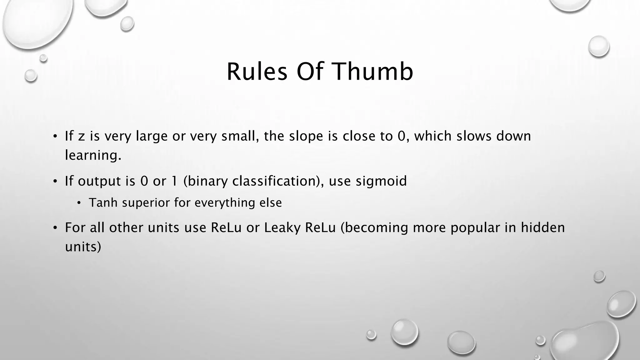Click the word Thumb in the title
point(374,72)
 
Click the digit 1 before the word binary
point(175,181)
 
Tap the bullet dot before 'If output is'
point(55,181)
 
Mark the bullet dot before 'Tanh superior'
point(79,203)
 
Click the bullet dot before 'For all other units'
point(55,228)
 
